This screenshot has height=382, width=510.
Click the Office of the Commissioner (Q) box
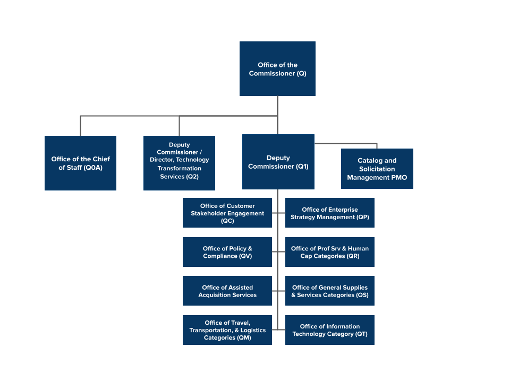(x=277, y=69)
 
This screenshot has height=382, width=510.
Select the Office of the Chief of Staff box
(x=80, y=163)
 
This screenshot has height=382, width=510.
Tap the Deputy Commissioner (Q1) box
(x=278, y=162)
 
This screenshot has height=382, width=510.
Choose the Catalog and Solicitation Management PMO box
(x=377, y=169)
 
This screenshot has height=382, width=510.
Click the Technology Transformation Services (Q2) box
(x=179, y=163)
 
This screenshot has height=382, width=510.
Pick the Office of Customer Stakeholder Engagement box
(x=227, y=213)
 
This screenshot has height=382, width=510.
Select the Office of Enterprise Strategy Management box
(x=329, y=213)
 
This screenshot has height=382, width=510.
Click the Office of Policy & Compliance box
(x=227, y=252)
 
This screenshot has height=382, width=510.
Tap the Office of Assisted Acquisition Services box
(x=227, y=291)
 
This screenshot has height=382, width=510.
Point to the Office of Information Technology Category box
(x=329, y=330)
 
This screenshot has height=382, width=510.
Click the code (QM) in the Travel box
(x=243, y=338)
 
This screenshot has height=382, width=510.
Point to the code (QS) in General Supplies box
(x=362, y=295)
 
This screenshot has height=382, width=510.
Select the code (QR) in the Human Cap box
(x=353, y=256)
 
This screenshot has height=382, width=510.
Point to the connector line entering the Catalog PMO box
(x=377, y=146)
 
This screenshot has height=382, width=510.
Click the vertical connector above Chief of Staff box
(x=80, y=126)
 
